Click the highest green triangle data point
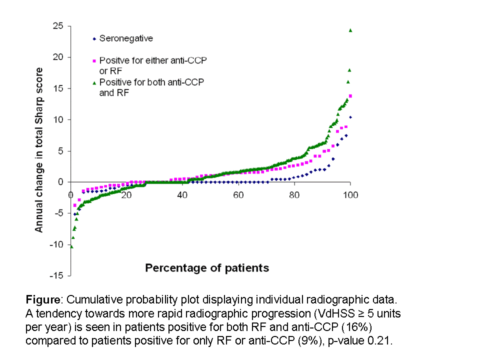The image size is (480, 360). (350, 30)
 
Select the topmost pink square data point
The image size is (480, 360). (350, 95)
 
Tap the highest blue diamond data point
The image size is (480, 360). (350, 117)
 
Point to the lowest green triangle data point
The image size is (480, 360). (71, 246)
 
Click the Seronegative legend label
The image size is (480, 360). (126, 38)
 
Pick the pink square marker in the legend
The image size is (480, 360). (94, 60)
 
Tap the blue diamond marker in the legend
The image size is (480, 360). (94, 38)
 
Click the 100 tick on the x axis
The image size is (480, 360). (350, 194)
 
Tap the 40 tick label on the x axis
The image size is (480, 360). (182, 194)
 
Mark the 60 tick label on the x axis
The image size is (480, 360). (238, 194)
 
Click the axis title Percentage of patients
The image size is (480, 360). (207, 268)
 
